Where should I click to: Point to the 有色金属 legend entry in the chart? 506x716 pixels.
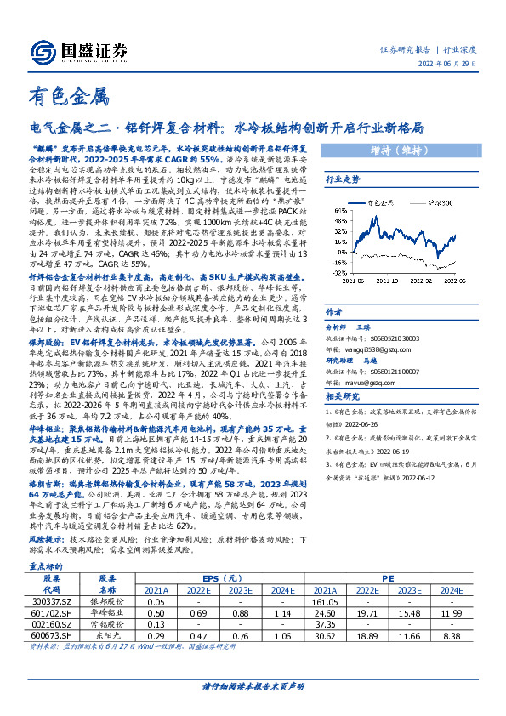coord(379,204)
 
